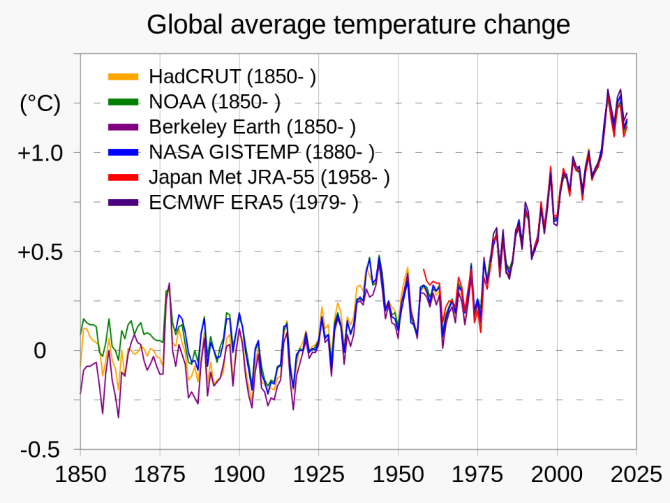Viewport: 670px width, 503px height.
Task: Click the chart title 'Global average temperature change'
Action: point(358,25)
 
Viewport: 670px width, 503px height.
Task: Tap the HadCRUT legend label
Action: point(232,77)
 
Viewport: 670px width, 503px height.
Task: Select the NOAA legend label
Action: point(214,102)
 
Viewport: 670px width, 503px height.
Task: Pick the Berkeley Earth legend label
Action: point(252,127)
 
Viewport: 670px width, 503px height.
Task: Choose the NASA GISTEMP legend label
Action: point(261,152)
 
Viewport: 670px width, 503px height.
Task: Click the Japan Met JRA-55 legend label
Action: point(269,177)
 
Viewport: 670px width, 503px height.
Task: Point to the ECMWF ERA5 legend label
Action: point(253,203)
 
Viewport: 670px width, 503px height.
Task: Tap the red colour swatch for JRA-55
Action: point(126,177)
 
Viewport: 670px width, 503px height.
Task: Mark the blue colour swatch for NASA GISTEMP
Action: point(126,152)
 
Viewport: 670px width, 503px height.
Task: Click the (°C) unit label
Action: point(40,104)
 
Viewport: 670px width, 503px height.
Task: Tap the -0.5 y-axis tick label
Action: point(41,451)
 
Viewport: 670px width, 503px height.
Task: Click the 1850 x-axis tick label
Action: point(80,475)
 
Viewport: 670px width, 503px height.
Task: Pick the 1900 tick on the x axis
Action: point(239,475)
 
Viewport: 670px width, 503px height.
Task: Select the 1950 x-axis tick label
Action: point(399,475)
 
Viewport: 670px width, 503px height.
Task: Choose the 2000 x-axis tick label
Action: point(557,475)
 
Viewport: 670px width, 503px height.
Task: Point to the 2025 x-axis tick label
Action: point(636,475)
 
